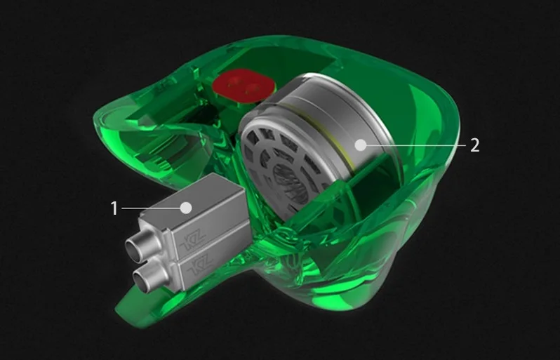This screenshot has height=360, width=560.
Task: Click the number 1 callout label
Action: pos(114,208)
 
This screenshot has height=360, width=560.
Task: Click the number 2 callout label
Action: pos(474,145)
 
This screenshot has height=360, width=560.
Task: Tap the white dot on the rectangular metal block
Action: pos(186,208)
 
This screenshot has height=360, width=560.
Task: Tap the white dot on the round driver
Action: pos(361,145)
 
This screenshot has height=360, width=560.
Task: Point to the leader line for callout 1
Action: pos(151,208)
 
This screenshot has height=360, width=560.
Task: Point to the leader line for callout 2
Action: pos(416,145)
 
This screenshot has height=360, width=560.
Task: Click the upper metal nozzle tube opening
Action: pos(133,248)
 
